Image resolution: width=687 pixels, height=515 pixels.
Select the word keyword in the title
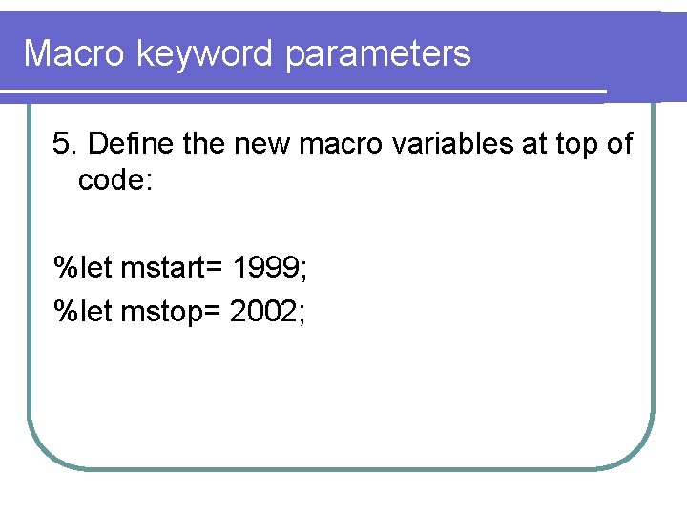(206, 53)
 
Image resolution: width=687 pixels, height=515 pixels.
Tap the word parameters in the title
(378, 53)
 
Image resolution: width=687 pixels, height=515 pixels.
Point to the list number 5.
(64, 144)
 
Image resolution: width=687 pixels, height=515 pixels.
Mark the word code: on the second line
(114, 179)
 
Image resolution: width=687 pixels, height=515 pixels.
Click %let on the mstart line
(83, 269)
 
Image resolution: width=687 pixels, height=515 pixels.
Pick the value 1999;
(270, 269)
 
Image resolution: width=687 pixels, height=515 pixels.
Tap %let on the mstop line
(83, 311)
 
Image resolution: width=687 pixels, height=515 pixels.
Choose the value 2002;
(268, 311)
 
